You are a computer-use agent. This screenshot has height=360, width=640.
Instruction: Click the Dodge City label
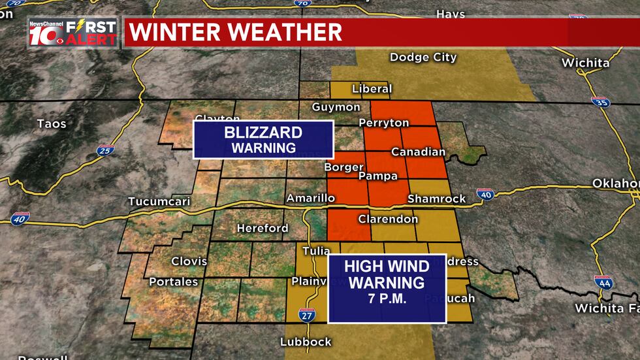(x=423, y=57)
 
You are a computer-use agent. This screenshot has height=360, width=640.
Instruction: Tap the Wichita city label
(x=585, y=63)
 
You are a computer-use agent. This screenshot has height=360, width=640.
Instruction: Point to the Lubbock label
(x=306, y=342)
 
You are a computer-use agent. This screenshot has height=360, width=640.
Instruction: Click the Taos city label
(x=52, y=123)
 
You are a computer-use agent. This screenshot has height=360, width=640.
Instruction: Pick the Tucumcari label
(x=159, y=201)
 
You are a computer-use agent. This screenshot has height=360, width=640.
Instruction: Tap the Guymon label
(x=336, y=107)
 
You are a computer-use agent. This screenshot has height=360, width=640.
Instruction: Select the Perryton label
(x=384, y=123)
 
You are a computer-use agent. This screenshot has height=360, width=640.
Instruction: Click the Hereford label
(x=263, y=228)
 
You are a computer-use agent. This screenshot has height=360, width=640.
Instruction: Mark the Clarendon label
(x=388, y=219)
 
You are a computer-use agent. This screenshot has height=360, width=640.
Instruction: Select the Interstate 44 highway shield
(x=603, y=282)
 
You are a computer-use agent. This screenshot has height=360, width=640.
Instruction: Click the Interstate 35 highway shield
(x=600, y=102)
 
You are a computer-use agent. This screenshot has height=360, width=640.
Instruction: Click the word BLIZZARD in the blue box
(x=263, y=133)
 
